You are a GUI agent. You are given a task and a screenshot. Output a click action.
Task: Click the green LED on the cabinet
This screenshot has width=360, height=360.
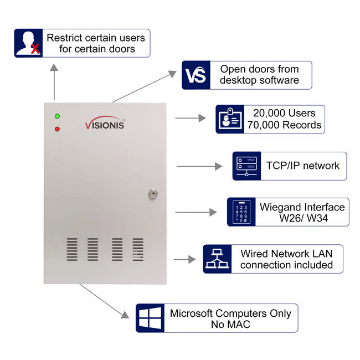pyautogui.click(x=57, y=116)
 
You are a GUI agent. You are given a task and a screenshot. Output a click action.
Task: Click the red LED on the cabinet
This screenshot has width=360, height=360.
pyautogui.click(x=57, y=129)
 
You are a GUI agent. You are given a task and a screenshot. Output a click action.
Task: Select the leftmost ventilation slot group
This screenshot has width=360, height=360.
pyautogui.click(x=72, y=249)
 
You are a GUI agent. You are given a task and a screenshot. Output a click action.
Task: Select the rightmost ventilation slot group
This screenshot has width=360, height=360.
pyautogui.click(x=137, y=249)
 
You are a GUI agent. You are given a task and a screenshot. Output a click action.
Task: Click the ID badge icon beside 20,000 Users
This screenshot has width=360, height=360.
pyautogui.click(x=230, y=119)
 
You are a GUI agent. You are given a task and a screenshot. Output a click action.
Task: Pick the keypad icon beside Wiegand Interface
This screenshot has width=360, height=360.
pyautogui.click(x=241, y=212)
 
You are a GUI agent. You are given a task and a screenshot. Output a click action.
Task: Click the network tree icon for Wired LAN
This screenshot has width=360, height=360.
pyautogui.click(x=217, y=259)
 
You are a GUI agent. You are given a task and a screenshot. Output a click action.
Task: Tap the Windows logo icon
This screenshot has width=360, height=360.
pyautogui.click(x=150, y=318)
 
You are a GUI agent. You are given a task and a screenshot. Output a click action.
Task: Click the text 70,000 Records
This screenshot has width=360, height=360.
pyautogui.click(x=284, y=125)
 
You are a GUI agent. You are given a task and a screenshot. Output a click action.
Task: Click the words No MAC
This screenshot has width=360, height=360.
pyautogui.click(x=230, y=325)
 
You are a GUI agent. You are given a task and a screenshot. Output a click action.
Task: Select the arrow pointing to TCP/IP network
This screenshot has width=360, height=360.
pyautogui.click(x=199, y=166)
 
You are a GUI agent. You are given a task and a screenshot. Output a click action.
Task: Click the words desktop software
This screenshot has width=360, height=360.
pyautogui.click(x=259, y=80)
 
